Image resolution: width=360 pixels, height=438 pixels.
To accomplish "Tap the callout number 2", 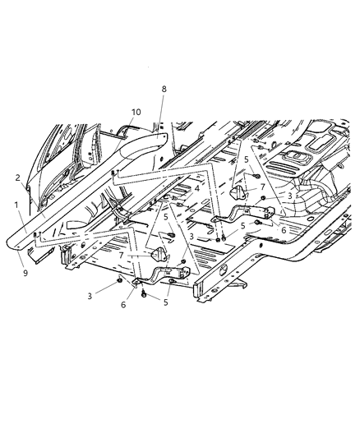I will point(17,177).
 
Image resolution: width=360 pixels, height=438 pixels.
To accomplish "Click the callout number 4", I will point(197,187).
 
